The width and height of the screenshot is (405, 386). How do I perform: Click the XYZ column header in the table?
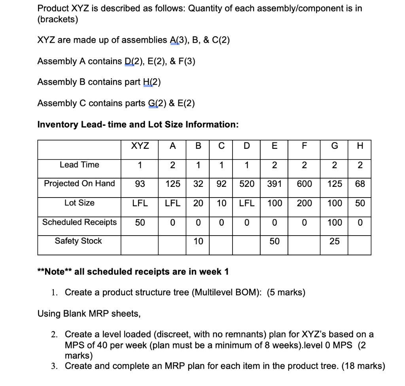(140, 145)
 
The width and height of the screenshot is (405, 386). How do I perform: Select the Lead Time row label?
(79, 165)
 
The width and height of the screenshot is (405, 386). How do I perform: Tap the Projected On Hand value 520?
(246, 184)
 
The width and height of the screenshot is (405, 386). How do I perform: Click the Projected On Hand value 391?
(274, 184)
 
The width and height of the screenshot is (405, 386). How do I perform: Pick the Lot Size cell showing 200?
(303, 203)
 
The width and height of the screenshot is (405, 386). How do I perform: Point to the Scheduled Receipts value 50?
(140, 222)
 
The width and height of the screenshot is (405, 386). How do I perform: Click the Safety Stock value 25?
(334, 241)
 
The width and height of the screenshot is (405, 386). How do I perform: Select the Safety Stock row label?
(78, 241)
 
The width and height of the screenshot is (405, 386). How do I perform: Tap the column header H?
(360, 145)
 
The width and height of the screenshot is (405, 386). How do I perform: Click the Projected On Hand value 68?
(360, 184)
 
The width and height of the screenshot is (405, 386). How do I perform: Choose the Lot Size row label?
(79, 203)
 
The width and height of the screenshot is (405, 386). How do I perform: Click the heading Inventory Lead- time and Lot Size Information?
(138, 124)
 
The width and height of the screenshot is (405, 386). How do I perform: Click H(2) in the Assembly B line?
(151, 82)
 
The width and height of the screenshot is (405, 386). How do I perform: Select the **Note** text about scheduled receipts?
(132, 272)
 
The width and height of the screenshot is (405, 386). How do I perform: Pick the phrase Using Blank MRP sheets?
(89, 314)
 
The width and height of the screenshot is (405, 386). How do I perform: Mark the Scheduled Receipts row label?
(79, 222)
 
